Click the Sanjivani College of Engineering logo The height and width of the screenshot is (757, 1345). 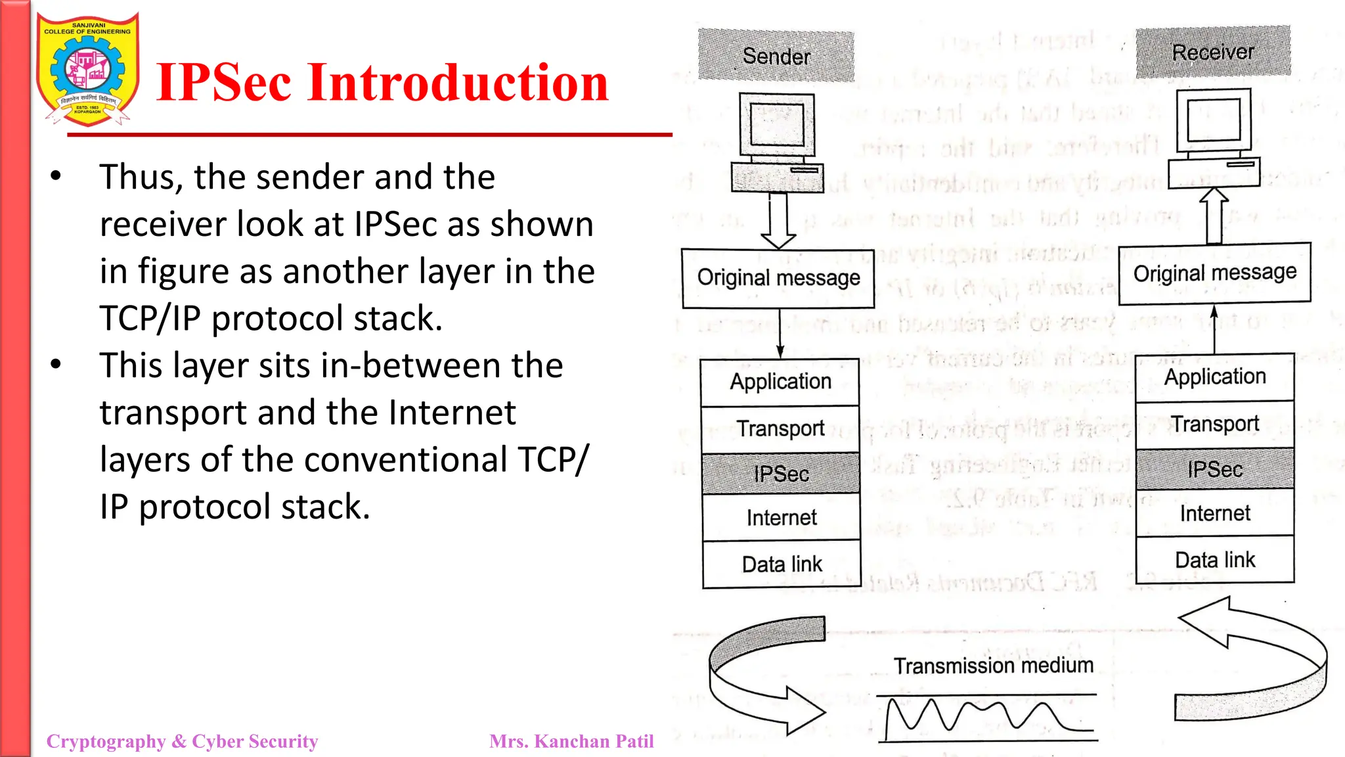[88, 70]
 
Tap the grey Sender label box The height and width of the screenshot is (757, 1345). [776, 56]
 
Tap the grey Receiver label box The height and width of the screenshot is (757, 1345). [1213, 52]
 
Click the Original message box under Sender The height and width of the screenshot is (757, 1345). [778, 278]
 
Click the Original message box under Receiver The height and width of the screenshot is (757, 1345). [1214, 273]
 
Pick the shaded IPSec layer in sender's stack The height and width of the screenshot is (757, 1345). [781, 473]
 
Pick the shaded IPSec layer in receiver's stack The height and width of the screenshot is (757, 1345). [1215, 469]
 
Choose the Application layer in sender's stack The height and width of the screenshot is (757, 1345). [780, 382]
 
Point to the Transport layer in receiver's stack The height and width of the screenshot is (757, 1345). [1215, 424]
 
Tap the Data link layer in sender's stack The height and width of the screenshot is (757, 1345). [782, 564]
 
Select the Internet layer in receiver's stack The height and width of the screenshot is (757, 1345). [1215, 513]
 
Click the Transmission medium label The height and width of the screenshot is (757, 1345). [993, 666]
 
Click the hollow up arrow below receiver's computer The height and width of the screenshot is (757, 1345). [1214, 216]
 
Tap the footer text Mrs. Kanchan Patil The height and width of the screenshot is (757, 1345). [571, 741]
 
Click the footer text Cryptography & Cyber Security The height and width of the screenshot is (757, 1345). [182, 741]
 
